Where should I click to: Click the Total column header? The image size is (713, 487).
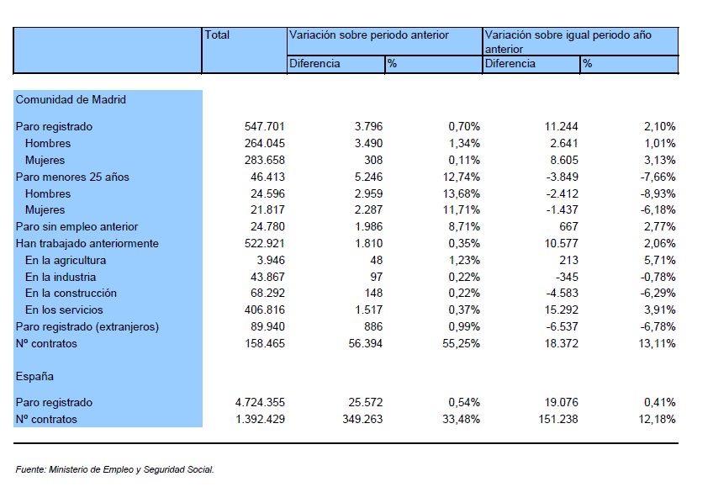(x=217, y=35)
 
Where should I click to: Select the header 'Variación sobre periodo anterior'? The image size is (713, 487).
(x=369, y=35)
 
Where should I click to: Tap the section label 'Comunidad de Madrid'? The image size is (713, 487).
(x=71, y=99)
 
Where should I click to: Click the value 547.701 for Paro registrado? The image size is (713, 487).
(x=264, y=126)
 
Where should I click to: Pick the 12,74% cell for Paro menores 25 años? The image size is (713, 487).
(x=461, y=177)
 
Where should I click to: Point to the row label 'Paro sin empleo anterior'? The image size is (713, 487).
(x=77, y=226)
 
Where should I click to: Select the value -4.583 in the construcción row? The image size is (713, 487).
(x=562, y=294)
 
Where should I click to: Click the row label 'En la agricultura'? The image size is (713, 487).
(x=66, y=261)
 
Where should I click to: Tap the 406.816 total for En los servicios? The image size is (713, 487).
(x=264, y=310)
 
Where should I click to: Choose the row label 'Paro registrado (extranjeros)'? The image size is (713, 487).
(x=87, y=327)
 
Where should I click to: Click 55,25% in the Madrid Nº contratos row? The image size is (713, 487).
(x=461, y=344)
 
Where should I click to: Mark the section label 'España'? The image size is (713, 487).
(x=34, y=377)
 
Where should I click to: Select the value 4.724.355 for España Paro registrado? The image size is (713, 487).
(x=260, y=402)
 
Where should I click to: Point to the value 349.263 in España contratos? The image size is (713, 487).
(x=362, y=419)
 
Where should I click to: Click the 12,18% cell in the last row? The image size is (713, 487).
(x=657, y=419)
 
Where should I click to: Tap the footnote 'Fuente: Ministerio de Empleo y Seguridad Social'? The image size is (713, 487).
(x=114, y=469)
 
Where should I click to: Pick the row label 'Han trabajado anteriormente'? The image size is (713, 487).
(x=87, y=244)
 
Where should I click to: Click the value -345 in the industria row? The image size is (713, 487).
(x=567, y=277)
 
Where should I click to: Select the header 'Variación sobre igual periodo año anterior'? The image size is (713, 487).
(x=568, y=42)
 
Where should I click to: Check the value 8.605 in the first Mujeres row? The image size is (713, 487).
(x=564, y=160)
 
